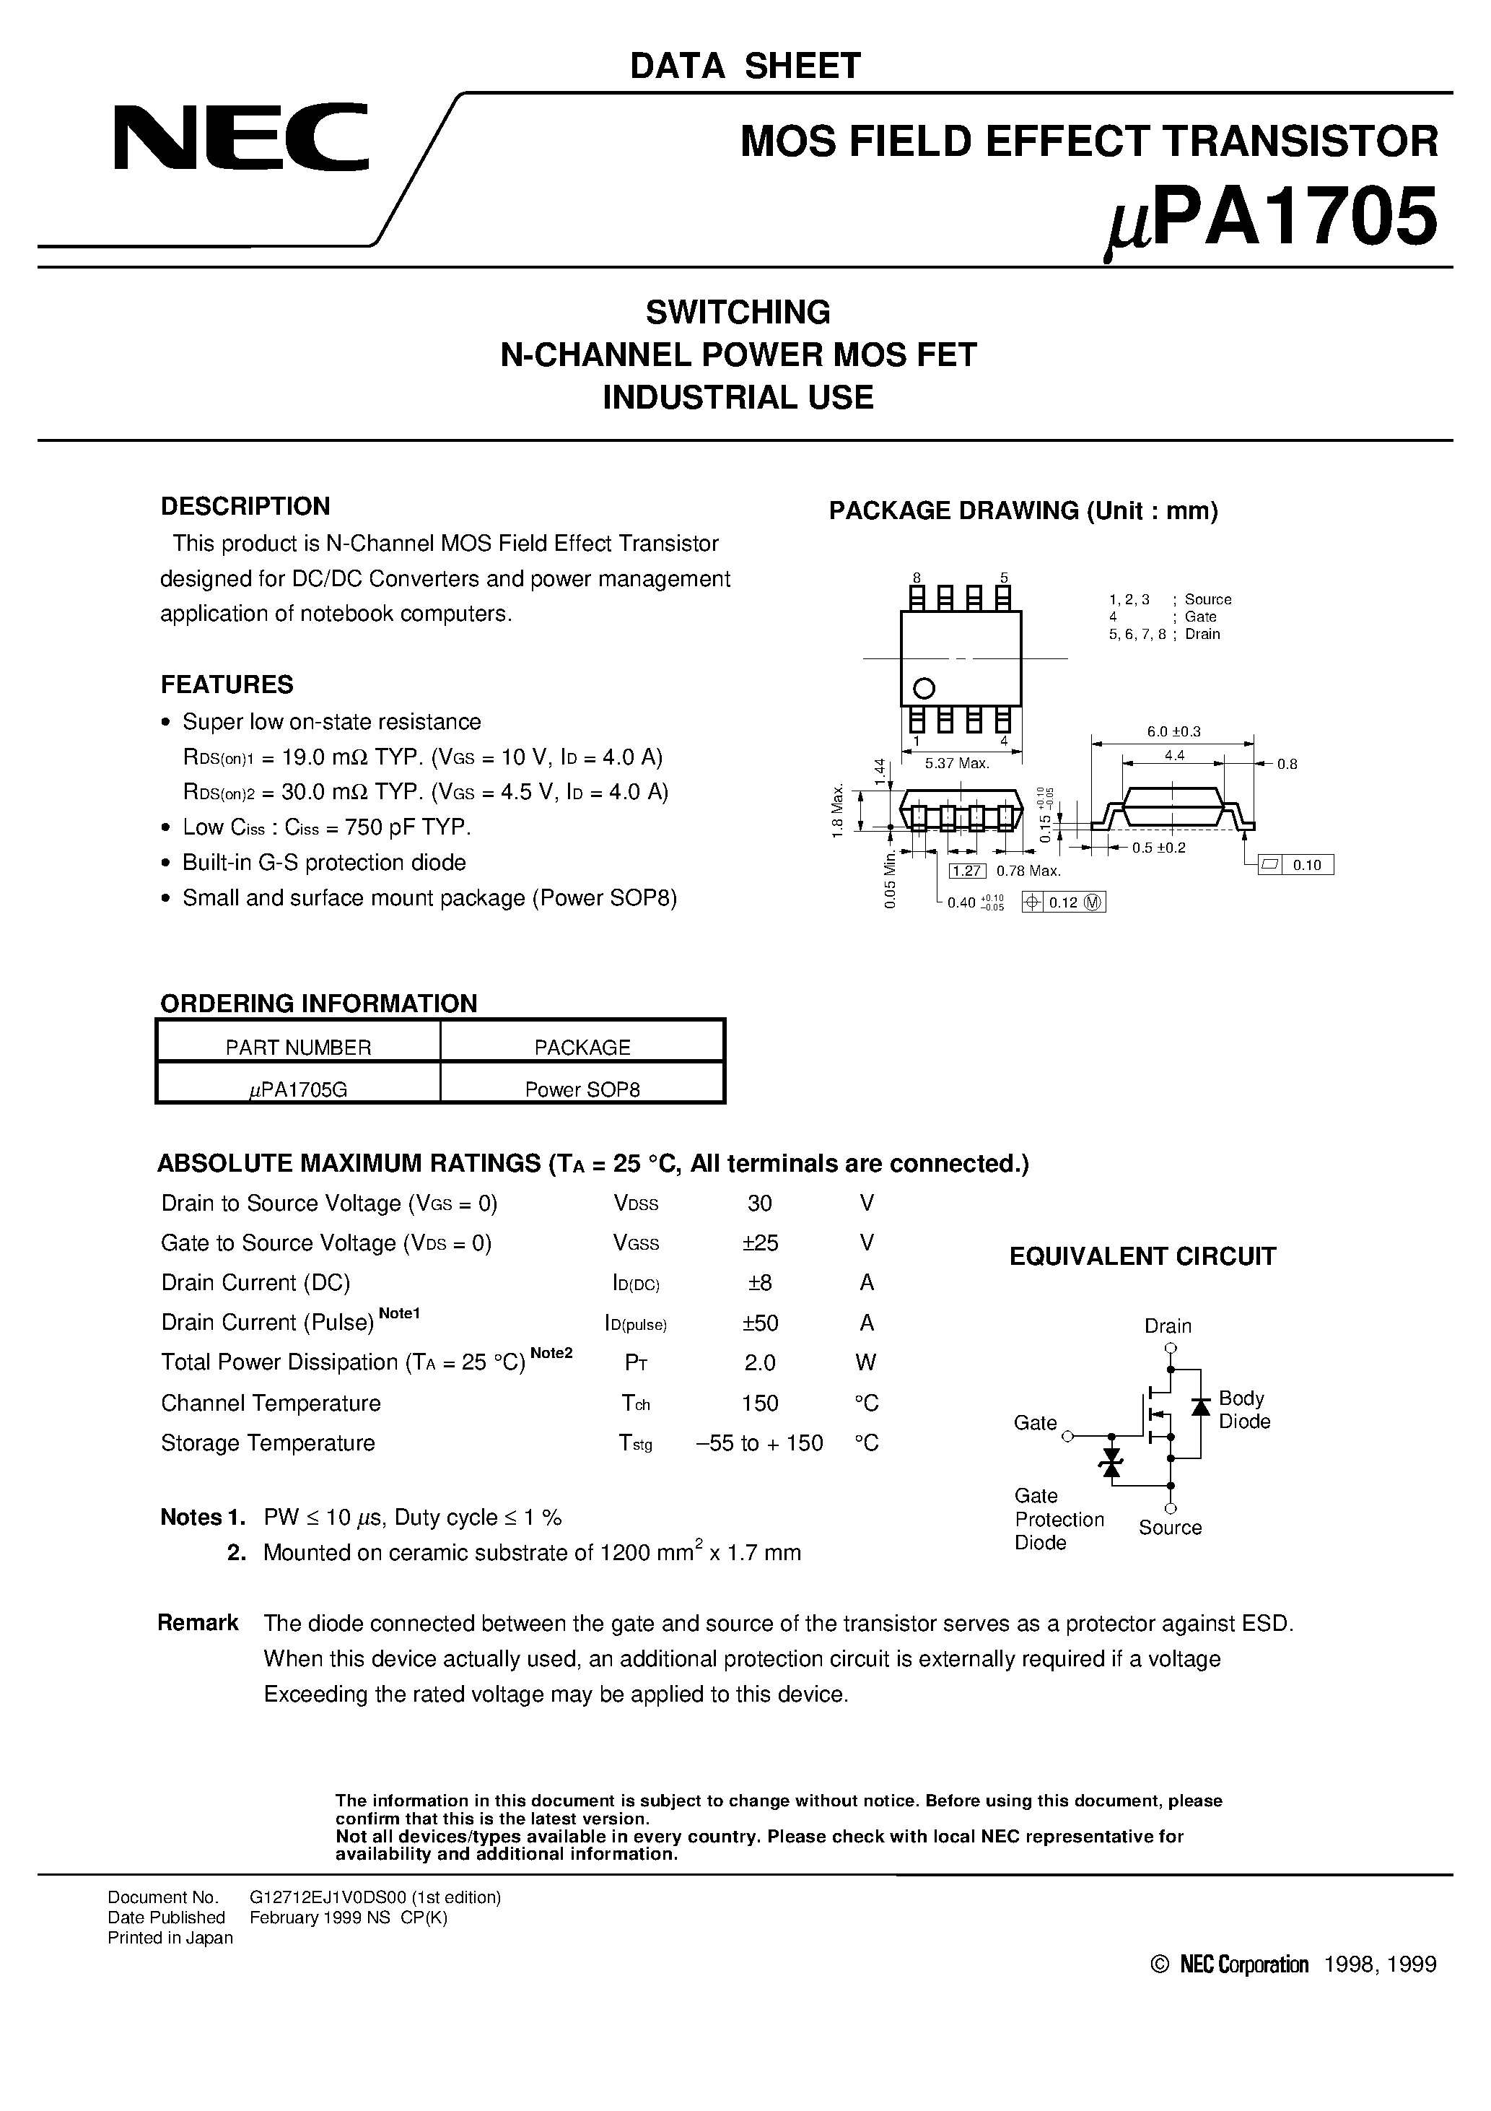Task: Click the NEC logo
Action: tap(241, 138)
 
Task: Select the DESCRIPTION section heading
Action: tap(245, 507)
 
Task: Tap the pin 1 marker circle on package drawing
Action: tap(924, 688)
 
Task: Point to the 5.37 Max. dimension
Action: tap(957, 763)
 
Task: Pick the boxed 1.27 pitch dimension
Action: tap(966, 871)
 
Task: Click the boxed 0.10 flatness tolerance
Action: tap(1306, 864)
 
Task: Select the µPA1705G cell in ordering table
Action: tap(298, 1089)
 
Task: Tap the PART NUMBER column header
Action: tap(298, 1048)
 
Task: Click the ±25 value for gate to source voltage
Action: tap(760, 1243)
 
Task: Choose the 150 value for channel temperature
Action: tap(760, 1403)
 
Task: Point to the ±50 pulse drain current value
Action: tap(760, 1323)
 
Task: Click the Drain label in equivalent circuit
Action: tap(1168, 1326)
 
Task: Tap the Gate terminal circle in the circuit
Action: tap(1067, 1436)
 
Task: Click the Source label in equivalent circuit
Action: tap(1169, 1527)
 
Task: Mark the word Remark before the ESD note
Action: tap(198, 1623)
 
